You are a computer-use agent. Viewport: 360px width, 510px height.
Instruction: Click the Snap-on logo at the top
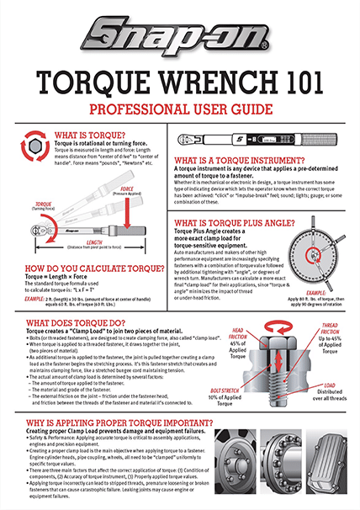pos(179,37)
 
